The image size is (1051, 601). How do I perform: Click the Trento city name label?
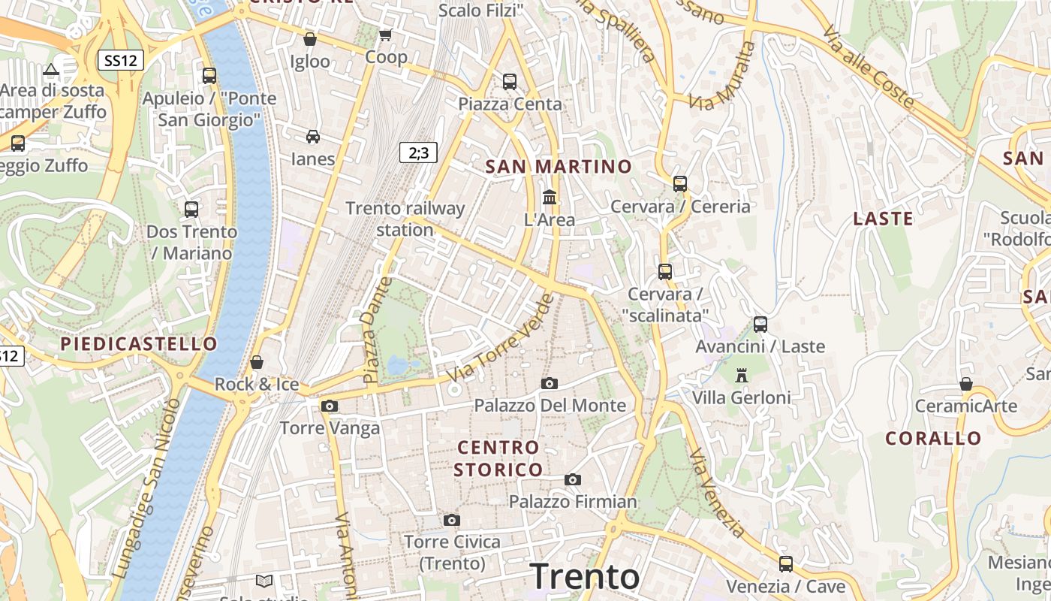585,577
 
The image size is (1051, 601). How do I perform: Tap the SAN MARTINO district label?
559,167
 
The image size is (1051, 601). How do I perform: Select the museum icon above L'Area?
550,198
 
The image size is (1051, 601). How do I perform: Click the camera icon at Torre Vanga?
329,406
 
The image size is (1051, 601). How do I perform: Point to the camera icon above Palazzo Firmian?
573,479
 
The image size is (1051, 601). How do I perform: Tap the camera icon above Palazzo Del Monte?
550,384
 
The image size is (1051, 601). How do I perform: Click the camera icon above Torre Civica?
451,520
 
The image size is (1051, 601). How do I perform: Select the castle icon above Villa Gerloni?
742,375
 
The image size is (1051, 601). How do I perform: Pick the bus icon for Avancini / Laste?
760,325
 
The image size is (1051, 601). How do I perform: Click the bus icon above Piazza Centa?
510,81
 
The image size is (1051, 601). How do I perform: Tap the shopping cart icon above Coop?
386,35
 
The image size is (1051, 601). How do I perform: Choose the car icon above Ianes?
313,136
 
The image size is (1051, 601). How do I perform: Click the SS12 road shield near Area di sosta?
120,61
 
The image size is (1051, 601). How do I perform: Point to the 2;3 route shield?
418,153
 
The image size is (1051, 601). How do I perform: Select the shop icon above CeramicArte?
966,384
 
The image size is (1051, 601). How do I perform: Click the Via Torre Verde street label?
500,338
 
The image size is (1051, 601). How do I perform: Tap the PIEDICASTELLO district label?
139,344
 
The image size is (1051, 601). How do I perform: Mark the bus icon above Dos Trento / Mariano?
191,209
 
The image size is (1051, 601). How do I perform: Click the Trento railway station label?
405,219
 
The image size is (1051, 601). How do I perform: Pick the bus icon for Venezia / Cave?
786,563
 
